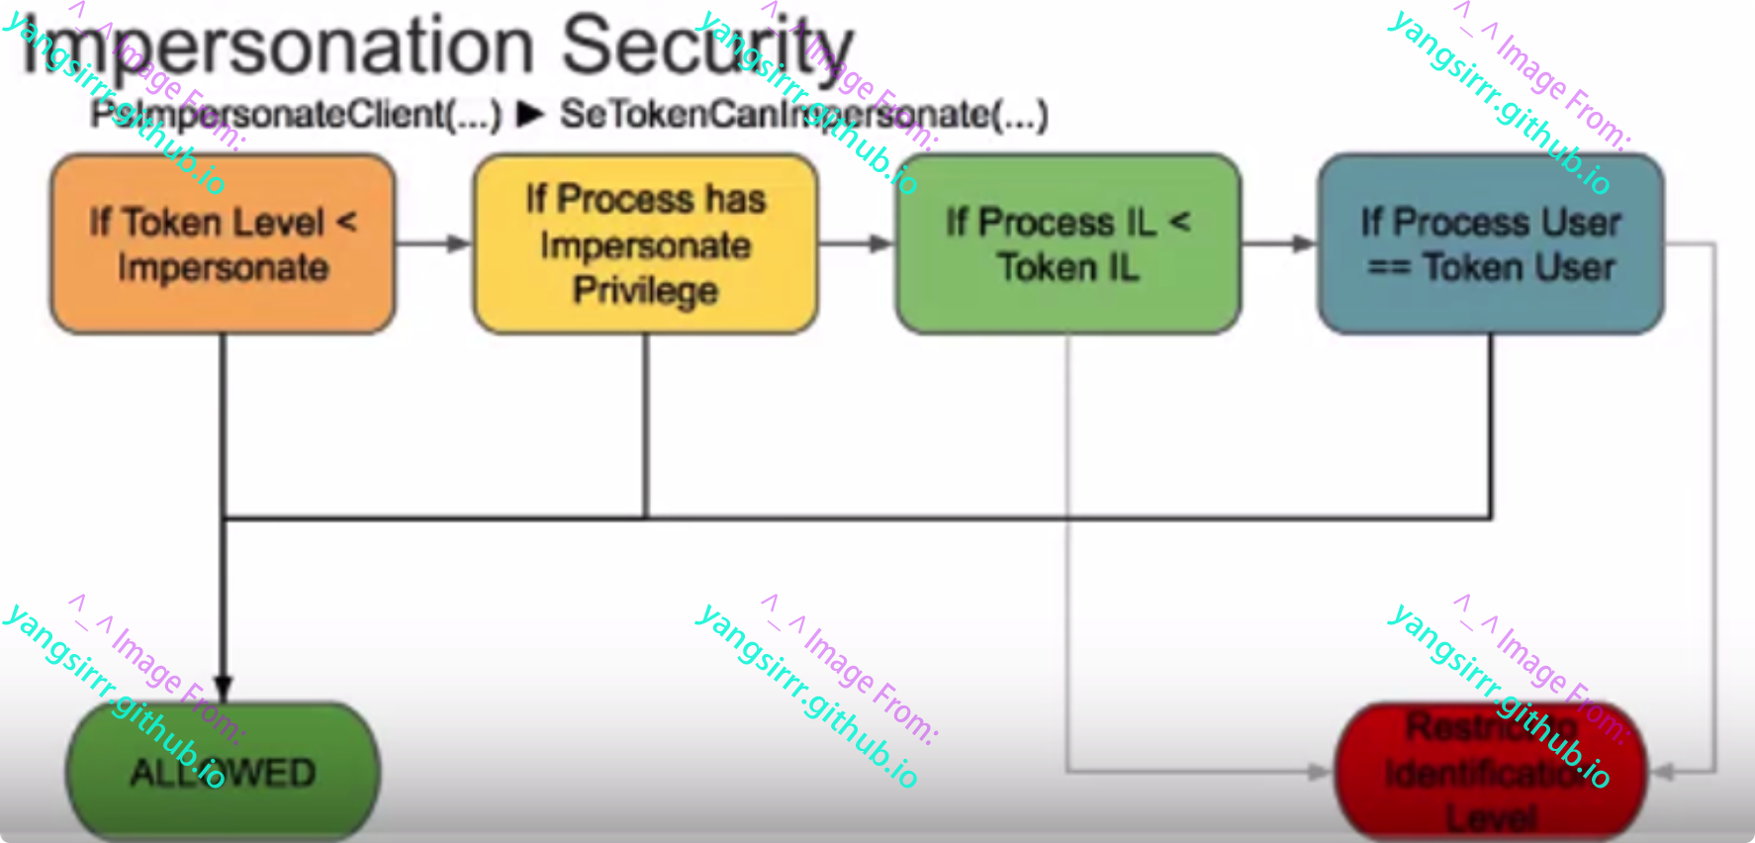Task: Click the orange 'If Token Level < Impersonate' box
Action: click(x=223, y=243)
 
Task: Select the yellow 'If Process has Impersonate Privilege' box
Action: click(x=645, y=243)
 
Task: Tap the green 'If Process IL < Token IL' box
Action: click(x=1067, y=243)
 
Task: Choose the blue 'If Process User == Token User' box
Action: click(x=1490, y=243)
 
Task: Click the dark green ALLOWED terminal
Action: click(x=223, y=773)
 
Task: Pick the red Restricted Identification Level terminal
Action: click(x=1490, y=773)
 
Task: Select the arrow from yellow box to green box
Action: click(x=857, y=243)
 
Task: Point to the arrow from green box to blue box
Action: click(x=1279, y=243)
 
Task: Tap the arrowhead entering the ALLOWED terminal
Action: click(x=224, y=688)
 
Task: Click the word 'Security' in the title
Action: click(x=707, y=46)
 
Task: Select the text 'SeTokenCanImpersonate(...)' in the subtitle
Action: click(x=803, y=115)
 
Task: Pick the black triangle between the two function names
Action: click(x=530, y=114)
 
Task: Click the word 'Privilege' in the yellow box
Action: click(x=645, y=291)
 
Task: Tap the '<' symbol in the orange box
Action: click(x=346, y=221)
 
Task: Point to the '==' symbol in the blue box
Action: click(x=1388, y=267)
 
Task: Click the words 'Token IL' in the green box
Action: click(x=1067, y=267)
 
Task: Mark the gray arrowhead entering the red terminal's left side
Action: click(x=1320, y=771)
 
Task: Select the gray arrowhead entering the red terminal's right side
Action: click(x=1663, y=771)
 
